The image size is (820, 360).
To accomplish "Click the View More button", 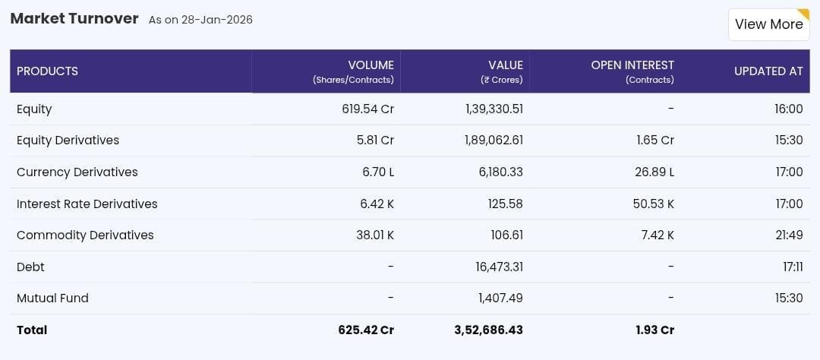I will [768, 24].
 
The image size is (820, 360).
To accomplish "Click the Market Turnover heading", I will [74, 18].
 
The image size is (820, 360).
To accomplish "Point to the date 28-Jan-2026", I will [216, 20].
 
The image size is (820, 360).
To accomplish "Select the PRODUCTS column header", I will [47, 71].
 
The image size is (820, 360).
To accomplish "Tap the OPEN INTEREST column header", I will [632, 65].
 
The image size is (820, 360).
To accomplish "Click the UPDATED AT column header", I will [768, 71].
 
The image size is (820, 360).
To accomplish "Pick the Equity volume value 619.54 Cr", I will [367, 109].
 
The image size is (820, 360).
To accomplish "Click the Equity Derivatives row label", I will [68, 141].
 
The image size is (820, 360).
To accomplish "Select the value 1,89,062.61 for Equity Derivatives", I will [494, 141].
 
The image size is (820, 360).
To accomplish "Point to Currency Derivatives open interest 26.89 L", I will [654, 172].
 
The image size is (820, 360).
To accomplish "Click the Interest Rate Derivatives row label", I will [87, 204].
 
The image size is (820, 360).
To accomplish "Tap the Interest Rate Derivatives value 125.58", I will [505, 204].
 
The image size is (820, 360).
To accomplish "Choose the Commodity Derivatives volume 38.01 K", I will [375, 235].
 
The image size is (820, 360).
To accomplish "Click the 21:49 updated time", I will [789, 235].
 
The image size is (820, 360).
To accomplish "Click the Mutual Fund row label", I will [52, 298].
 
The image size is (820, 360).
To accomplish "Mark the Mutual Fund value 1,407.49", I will [500, 298].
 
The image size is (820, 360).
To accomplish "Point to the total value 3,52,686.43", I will [488, 330].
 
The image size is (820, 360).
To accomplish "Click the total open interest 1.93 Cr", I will [655, 330].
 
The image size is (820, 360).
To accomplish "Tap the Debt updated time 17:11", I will [792, 267].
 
